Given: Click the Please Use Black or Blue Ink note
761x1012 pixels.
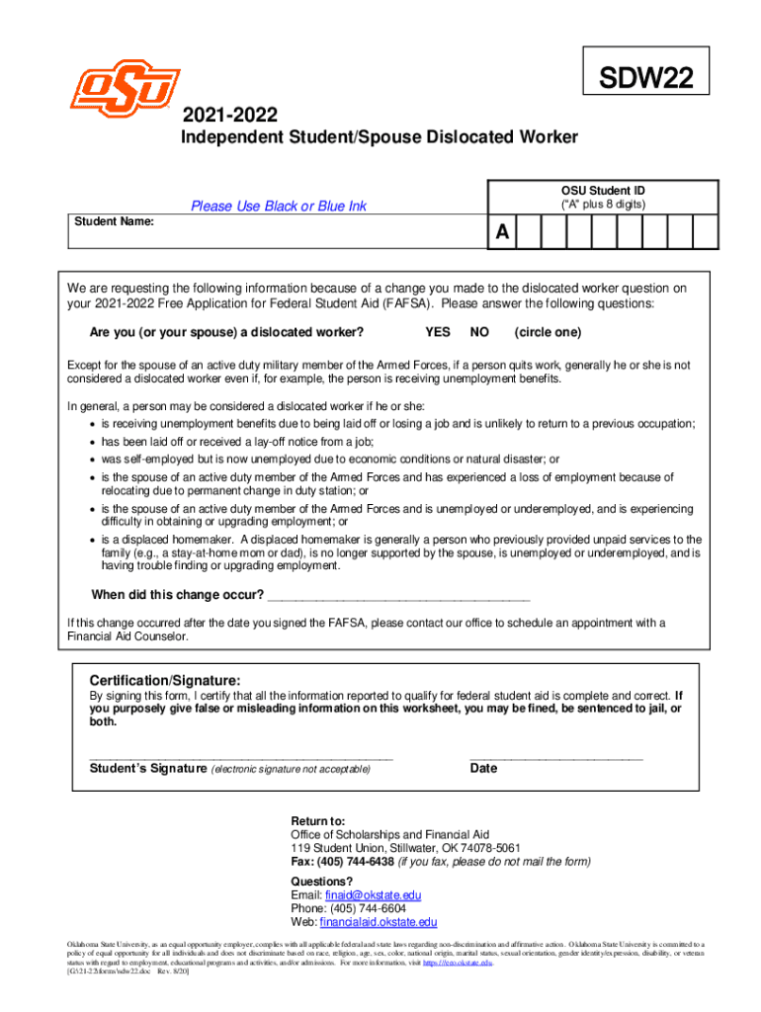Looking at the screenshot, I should (278, 206).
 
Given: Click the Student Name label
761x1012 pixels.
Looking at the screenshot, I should (115, 221).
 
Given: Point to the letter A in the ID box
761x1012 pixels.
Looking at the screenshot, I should (502, 233).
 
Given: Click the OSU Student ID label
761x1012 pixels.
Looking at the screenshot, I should (603, 190).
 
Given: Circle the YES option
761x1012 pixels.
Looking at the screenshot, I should (438, 332).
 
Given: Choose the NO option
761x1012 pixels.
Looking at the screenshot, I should (479, 332).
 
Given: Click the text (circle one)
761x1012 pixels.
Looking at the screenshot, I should (548, 332).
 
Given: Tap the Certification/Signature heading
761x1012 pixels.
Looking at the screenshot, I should (164, 681).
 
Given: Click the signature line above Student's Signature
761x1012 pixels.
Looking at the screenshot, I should (241, 756).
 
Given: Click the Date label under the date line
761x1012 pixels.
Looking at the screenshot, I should (483, 768).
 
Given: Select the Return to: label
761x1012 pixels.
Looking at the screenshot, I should (317, 821).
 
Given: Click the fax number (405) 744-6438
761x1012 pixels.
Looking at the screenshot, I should (356, 862).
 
